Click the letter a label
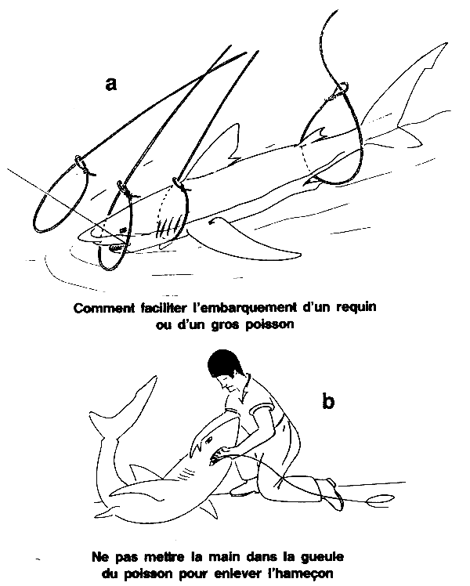click(x=111, y=84)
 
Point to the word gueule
click(x=323, y=557)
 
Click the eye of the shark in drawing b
click(x=209, y=437)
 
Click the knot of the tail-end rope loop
click(x=341, y=89)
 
